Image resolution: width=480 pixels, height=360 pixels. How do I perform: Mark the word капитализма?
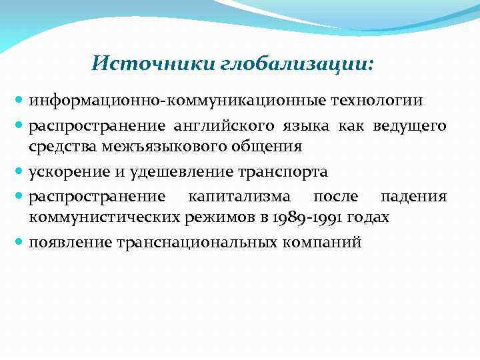click(239, 196)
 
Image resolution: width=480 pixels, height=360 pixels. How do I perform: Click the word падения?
click(413, 196)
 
